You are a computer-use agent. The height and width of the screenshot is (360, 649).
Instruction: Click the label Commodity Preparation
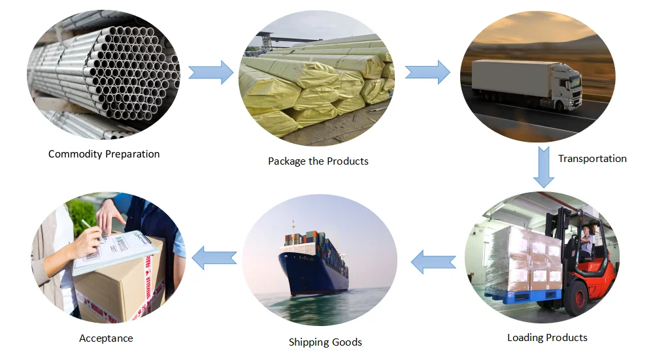tap(104, 154)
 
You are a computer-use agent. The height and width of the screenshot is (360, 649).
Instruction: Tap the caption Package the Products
tap(318, 161)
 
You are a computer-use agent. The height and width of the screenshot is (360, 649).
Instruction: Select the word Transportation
tap(592, 158)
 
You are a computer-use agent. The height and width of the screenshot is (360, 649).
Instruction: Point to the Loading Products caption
tap(547, 338)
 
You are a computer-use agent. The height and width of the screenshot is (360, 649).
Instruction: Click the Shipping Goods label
tap(325, 342)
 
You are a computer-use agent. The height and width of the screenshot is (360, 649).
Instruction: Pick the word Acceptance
tap(106, 338)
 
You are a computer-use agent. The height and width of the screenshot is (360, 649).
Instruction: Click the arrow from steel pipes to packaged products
tap(210, 72)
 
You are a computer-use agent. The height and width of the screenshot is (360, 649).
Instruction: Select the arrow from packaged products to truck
tap(427, 72)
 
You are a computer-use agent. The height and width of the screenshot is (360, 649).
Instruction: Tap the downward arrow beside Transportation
tap(543, 167)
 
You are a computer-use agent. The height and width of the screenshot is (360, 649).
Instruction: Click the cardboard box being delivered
tap(118, 287)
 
